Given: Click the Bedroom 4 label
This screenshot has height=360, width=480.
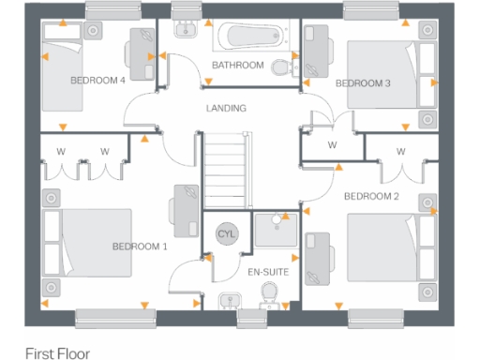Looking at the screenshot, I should coord(97,81).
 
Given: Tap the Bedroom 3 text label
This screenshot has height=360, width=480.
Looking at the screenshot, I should coord(363,83).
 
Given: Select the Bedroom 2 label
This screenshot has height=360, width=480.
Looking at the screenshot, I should coord(371,196).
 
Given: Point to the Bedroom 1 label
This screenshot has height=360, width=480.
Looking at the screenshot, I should coord(139,247).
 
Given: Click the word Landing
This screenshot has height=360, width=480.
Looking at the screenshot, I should coord(226,109).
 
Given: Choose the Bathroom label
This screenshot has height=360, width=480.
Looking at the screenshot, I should coord(237,66).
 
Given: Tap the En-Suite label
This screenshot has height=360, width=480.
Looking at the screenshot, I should coord(267,273).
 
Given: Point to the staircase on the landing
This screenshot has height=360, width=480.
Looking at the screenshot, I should coord(226,165).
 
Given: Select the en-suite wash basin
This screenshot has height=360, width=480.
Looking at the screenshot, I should coord(228,301).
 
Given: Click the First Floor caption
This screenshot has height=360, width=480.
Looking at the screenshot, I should coord(57,353).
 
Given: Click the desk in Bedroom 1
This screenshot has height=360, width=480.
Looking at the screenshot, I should coord(184,210).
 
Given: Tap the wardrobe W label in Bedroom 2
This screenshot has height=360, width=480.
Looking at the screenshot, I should coord(400,151).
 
